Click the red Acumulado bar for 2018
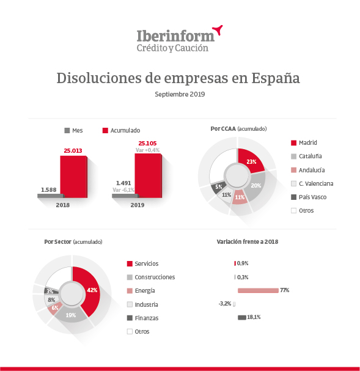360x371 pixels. coord(73,177)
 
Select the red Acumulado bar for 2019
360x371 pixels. coord(148,175)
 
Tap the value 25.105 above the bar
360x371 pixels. coord(147,144)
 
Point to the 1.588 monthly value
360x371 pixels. coord(49,189)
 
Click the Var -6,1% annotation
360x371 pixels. coord(123,189)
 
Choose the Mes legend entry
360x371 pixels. coord(73,130)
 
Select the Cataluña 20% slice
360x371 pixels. coord(255,187)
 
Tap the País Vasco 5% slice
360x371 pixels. coord(218,187)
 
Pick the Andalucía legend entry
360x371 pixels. coord(307,170)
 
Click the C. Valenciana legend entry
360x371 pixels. coord(312,183)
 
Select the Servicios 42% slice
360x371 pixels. coord(89,290)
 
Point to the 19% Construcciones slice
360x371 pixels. coord(71,315)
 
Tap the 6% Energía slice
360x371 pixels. coord(54,308)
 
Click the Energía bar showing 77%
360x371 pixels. coord(258,290)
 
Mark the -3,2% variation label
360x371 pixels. coord(225,304)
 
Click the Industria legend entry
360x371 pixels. coord(142,304)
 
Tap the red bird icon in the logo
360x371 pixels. coord(218,30)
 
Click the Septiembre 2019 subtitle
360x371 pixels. coord(180,94)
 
